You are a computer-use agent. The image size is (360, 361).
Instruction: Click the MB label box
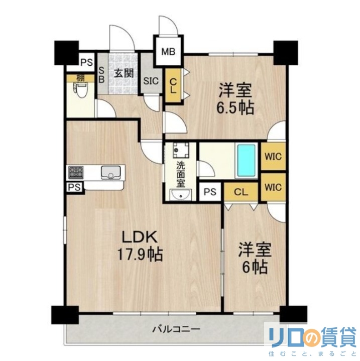click(x=169, y=52)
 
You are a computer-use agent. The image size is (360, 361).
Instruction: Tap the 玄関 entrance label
click(x=123, y=73)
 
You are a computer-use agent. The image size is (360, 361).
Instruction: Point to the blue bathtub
click(x=247, y=160)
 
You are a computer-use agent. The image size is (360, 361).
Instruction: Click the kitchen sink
click(x=111, y=172)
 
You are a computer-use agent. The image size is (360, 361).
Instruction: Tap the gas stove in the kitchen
click(x=76, y=172)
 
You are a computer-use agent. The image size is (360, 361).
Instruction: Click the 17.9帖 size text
click(x=139, y=255)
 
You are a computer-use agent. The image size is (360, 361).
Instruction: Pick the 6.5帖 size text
click(x=235, y=107)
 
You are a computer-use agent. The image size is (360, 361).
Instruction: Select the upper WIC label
click(x=273, y=156)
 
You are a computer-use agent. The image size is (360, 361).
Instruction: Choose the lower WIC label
click(x=273, y=187)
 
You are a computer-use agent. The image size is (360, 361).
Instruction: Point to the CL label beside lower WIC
click(x=241, y=191)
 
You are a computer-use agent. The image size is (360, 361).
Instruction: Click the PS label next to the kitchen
click(x=74, y=187)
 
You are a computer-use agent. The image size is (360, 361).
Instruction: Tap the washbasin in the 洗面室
click(x=179, y=195)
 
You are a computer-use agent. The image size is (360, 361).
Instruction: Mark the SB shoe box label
click(x=101, y=75)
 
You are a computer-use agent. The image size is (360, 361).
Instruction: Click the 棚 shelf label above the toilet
click(x=80, y=78)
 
